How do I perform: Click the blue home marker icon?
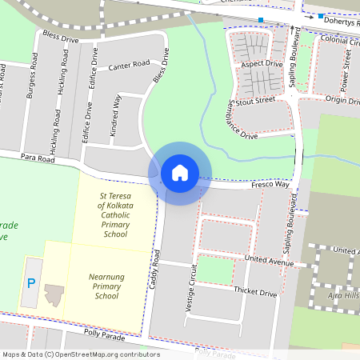pos(180,172)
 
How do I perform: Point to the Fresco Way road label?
pos(270,184)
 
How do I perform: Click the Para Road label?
pos(38,159)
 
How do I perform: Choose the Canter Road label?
pos(129,64)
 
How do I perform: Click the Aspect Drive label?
pos(262,63)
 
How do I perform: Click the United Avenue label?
pos(270,262)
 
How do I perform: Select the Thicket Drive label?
pos(254,294)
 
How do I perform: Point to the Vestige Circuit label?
pos(190,289)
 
